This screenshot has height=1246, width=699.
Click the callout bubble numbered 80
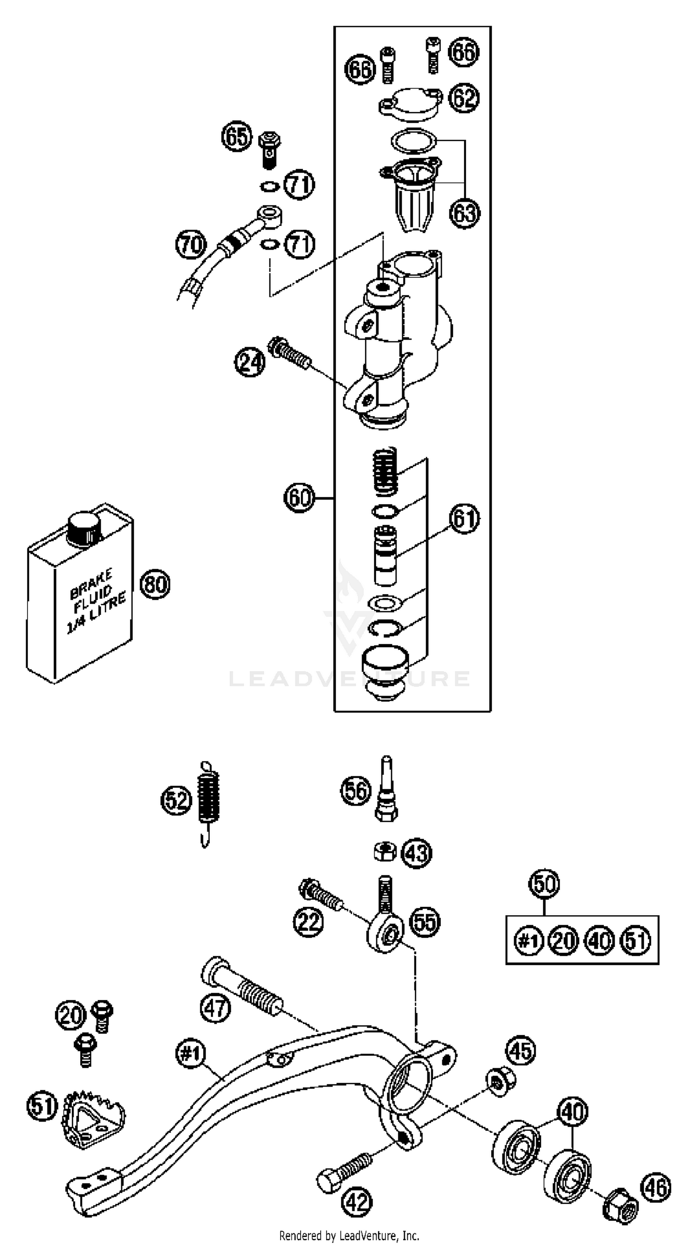pos(155,584)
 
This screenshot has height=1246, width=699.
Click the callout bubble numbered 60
pos(300,498)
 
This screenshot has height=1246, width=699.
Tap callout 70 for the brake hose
pos(191,245)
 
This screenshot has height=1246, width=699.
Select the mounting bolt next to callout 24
pos(289,354)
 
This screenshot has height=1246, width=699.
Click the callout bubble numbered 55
pos(425,922)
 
